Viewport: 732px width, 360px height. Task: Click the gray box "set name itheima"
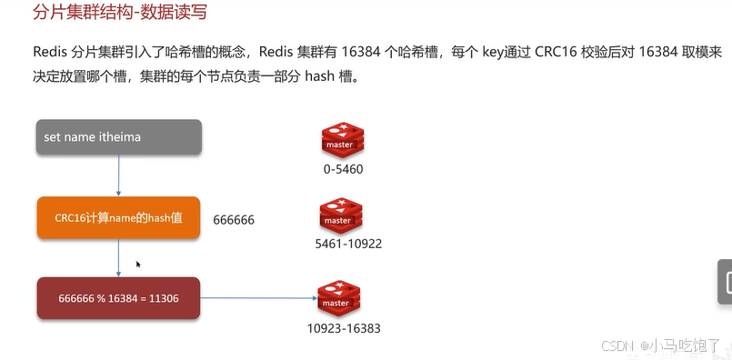pos(119,136)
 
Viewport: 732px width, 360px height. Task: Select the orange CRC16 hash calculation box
pos(119,218)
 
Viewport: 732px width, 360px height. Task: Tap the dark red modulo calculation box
pos(119,298)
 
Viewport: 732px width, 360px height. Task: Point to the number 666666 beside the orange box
pos(234,220)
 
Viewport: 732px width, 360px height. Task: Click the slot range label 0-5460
pos(343,169)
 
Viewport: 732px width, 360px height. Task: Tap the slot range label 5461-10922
pos(347,244)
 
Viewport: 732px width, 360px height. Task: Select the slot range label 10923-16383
pos(344,327)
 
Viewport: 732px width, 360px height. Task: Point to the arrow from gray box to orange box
pos(119,175)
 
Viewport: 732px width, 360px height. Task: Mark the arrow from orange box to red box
pos(119,258)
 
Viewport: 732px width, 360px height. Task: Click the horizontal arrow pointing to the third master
pos(258,297)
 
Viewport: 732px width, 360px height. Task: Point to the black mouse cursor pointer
pos(138,265)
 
